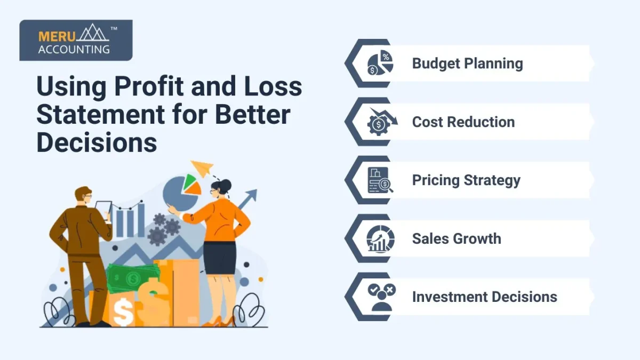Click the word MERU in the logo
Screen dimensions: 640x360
(x=57, y=37)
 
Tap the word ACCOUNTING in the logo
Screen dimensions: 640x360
(x=74, y=50)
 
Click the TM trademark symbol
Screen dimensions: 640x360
(x=114, y=29)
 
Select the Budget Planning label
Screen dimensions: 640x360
(x=467, y=63)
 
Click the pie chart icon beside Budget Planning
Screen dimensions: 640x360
(x=380, y=63)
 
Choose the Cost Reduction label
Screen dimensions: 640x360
(x=463, y=122)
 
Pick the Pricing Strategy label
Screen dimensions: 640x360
(x=466, y=180)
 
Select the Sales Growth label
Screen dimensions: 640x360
(x=457, y=238)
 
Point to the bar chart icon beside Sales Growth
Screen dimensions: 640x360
(x=380, y=239)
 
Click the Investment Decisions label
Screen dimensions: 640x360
(x=485, y=297)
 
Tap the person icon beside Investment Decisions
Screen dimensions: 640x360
(x=382, y=297)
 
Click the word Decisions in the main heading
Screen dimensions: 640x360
(x=97, y=142)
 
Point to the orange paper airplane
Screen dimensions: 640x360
(x=202, y=168)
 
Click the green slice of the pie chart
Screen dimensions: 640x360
(x=189, y=181)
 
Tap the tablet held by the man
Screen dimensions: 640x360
(x=103, y=210)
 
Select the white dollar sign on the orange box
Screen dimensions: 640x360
(x=123, y=312)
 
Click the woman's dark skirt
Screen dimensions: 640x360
(x=220, y=258)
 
